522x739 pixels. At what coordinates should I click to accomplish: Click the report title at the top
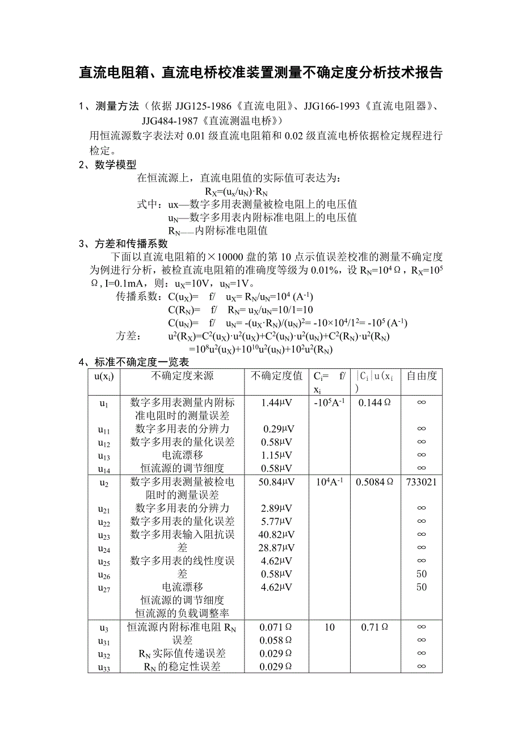(260, 73)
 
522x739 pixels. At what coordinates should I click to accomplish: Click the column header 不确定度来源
(182, 376)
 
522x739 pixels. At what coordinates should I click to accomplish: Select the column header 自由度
(421, 376)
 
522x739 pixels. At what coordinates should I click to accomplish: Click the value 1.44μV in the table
(277, 403)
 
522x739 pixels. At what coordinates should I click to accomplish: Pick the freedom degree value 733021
(421, 482)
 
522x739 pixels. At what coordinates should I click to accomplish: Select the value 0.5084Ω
(374, 482)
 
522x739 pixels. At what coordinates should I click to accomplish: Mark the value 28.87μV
(277, 548)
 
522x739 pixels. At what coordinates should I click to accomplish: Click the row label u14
(104, 469)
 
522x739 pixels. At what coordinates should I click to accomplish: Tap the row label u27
(104, 589)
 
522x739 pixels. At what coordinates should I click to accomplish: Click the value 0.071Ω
(276, 628)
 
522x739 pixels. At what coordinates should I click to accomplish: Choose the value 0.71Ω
(374, 628)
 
